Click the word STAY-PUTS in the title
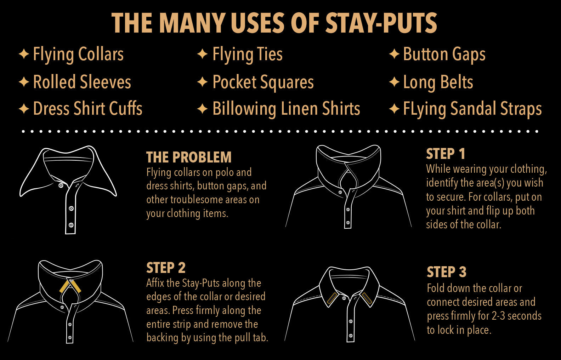(x=381, y=23)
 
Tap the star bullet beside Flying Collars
(x=24, y=54)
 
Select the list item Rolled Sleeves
(x=82, y=82)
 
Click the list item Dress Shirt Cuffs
(x=88, y=108)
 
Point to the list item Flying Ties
(x=248, y=55)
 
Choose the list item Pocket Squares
(x=263, y=82)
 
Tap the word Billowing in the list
(x=244, y=109)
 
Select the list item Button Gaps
(x=444, y=55)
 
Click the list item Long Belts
(x=438, y=82)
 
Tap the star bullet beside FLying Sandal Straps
(x=394, y=109)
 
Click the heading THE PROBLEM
(x=189, y=157)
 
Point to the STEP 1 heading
(x=446, y=154)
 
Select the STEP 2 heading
(x=166, y=268)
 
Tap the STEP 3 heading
(x=447, y=272)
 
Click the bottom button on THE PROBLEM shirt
(x=71, y=225)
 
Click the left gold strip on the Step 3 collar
(x=332, y=298)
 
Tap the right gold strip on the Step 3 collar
(x=367, y=298)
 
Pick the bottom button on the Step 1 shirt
(x=348, y=223)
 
